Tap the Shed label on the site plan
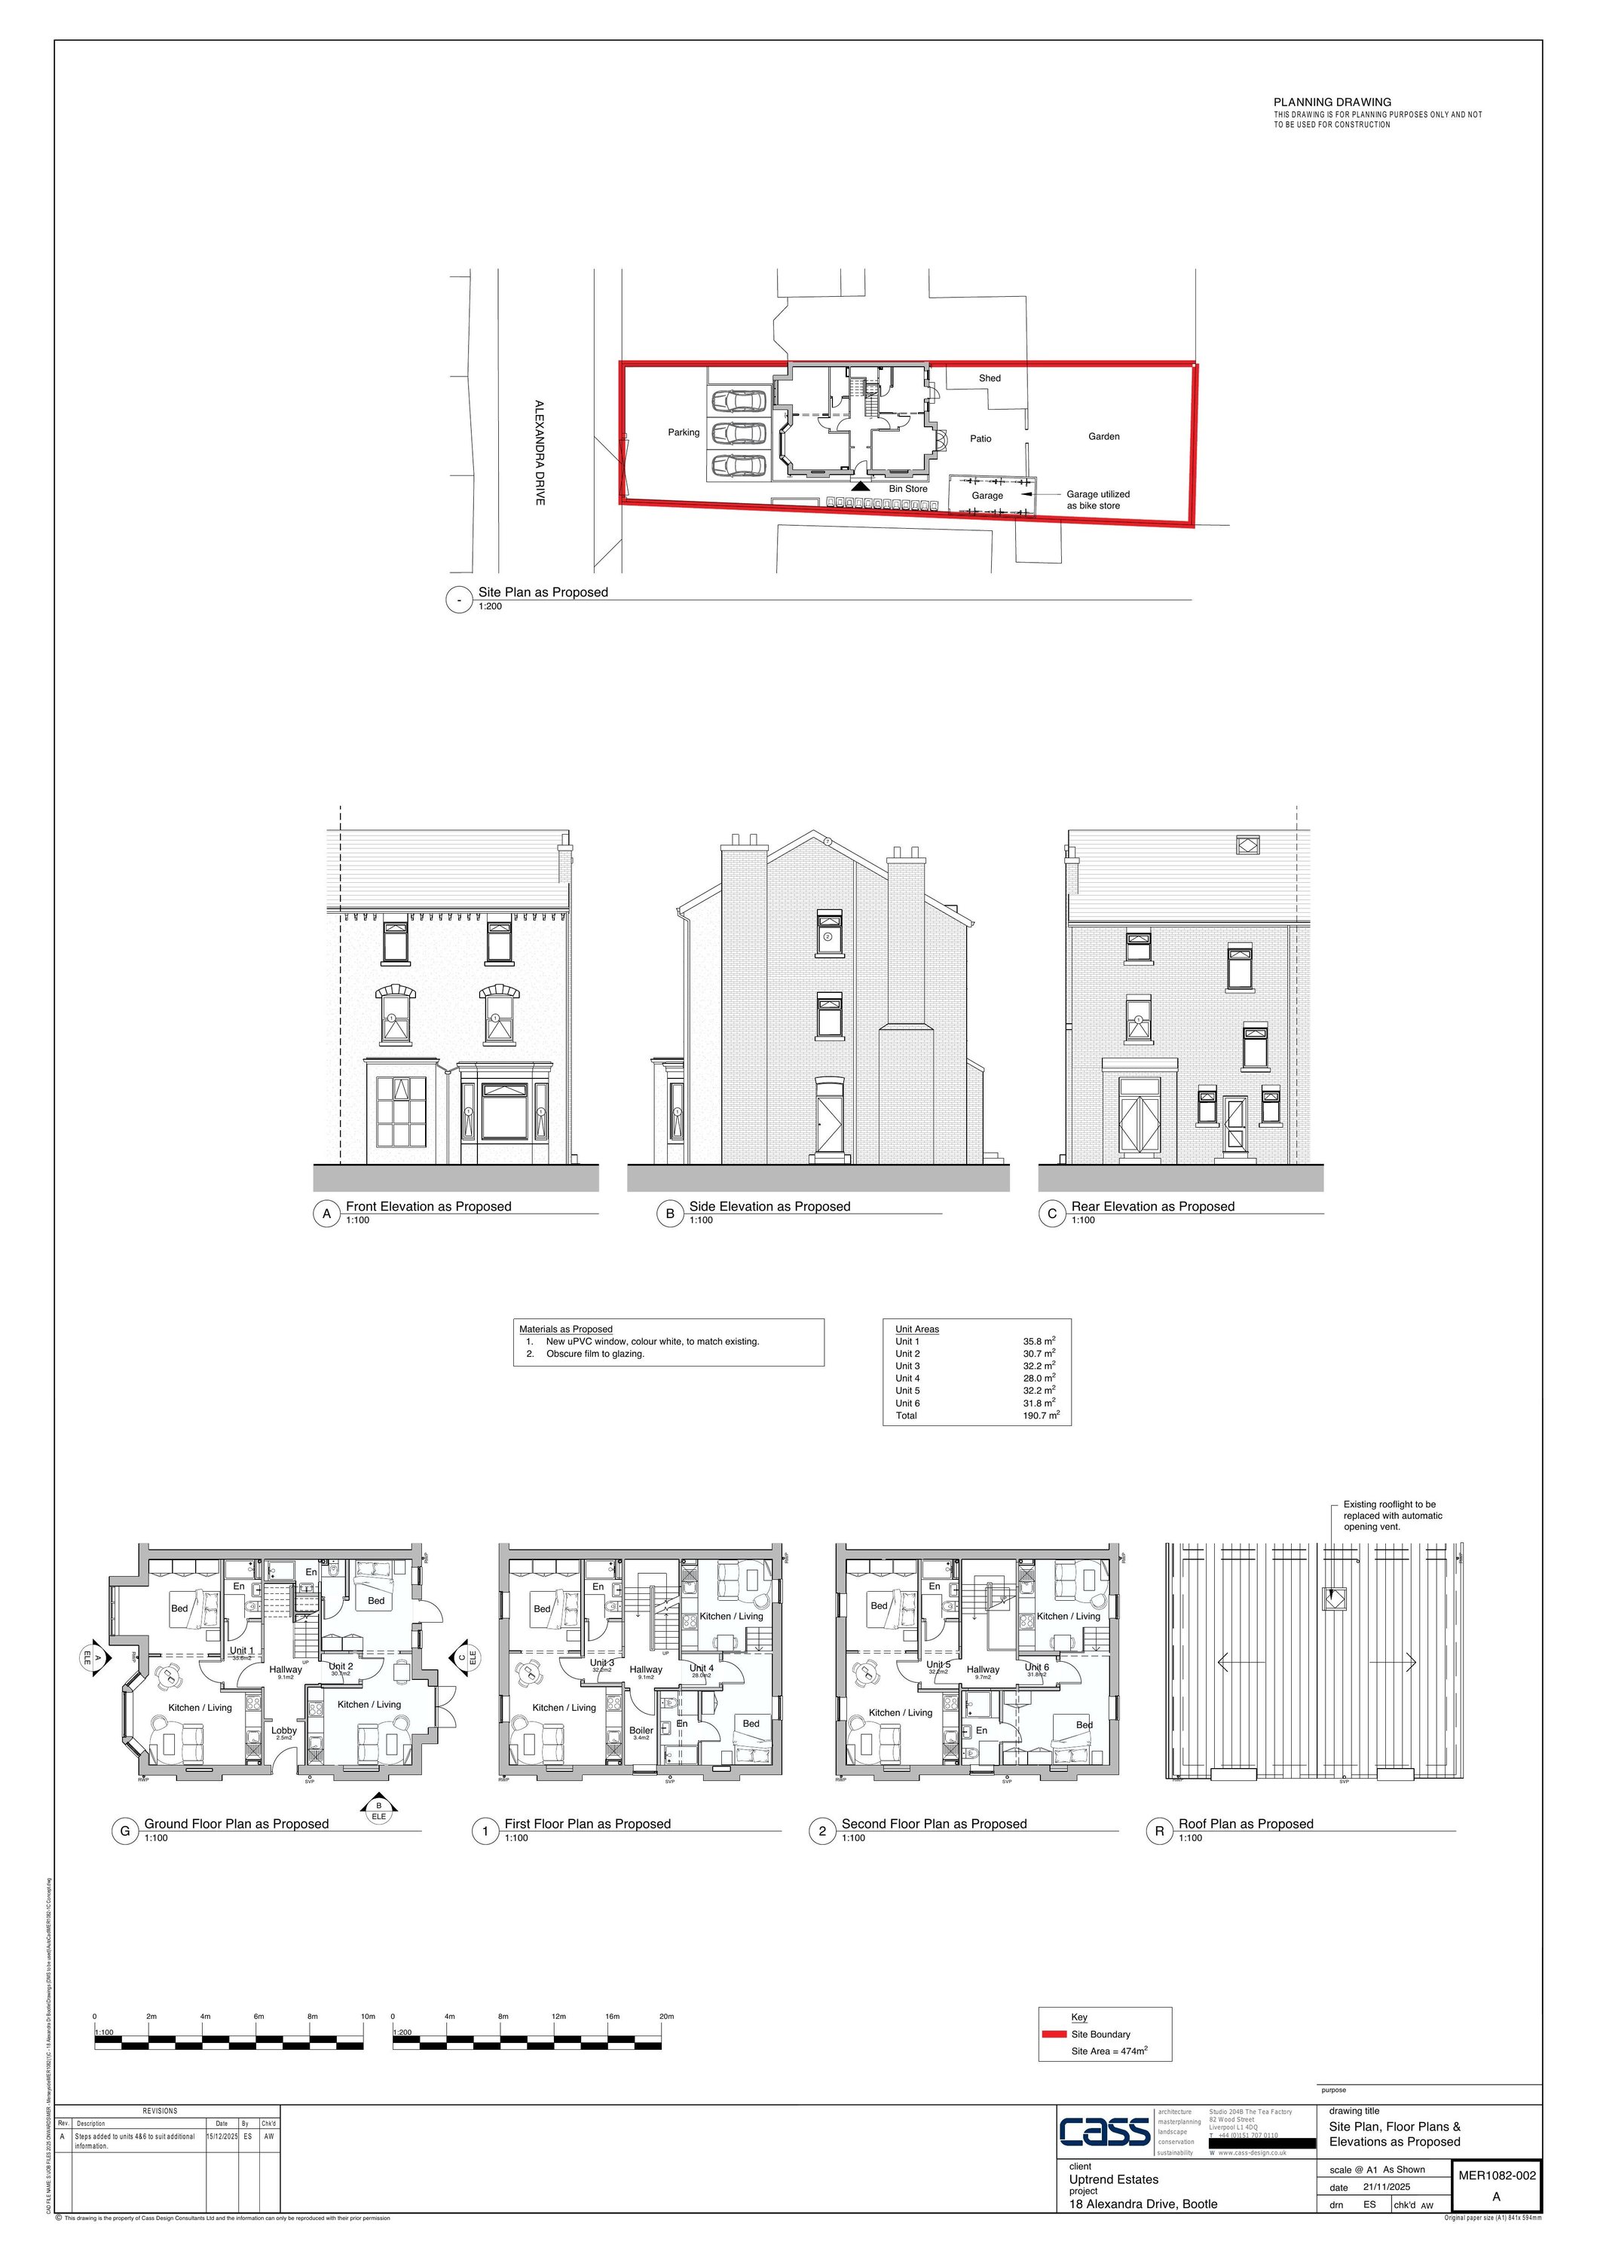click(990, 378)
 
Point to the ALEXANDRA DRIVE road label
click(540, 453)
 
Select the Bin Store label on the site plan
click(908, 489)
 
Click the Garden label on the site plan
click(1103, 436)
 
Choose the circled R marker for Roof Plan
click(1160, 1831)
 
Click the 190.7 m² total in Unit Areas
click(1041, 1416)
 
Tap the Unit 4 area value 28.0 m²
click(1039, 1378)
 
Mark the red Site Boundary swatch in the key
click(1054, 2033)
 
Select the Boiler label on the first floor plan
click(641, 1730)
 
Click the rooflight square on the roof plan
click(1333, 1599)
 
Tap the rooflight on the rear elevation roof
click(1247, 844)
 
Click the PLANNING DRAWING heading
click(1332, 102)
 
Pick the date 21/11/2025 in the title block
click(1386, 2187)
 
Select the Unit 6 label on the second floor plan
click(1037, 1667)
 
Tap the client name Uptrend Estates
click(1114, 2179)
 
